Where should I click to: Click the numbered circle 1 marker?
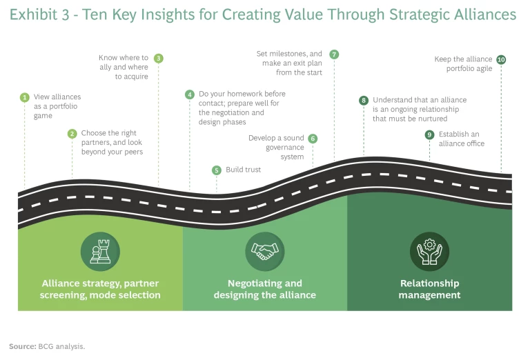24,97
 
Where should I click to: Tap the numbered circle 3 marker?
158,59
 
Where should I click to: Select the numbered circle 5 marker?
216,170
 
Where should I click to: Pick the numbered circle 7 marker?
334,54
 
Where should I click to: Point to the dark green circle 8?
364,100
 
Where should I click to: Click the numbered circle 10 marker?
501,60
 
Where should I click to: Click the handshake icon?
265,252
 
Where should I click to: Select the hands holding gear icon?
429,252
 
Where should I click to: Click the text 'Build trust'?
244,170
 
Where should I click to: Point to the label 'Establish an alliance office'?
461,139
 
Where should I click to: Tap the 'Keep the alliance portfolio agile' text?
463,64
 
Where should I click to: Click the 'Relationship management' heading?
429,289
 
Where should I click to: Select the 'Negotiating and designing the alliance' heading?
265,289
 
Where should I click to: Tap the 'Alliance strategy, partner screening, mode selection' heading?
101,289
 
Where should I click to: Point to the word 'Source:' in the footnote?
22,346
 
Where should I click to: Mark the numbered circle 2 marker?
72,134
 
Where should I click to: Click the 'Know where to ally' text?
124,58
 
